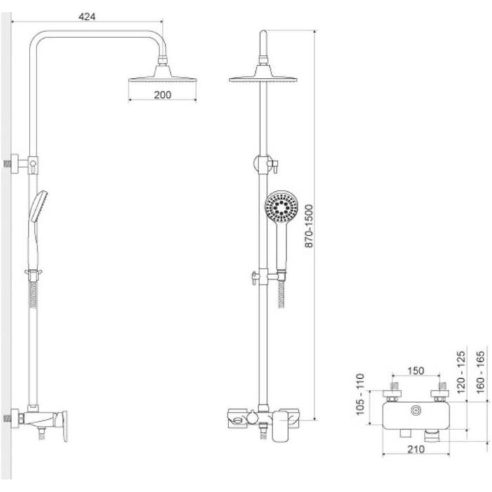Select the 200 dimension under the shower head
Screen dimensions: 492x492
pyautogui.click(x=162, y=96)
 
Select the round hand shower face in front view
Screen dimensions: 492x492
pyautogui.click(x=281, y=208)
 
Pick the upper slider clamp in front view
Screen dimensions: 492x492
pyautogui.click(x=264, y=165)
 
